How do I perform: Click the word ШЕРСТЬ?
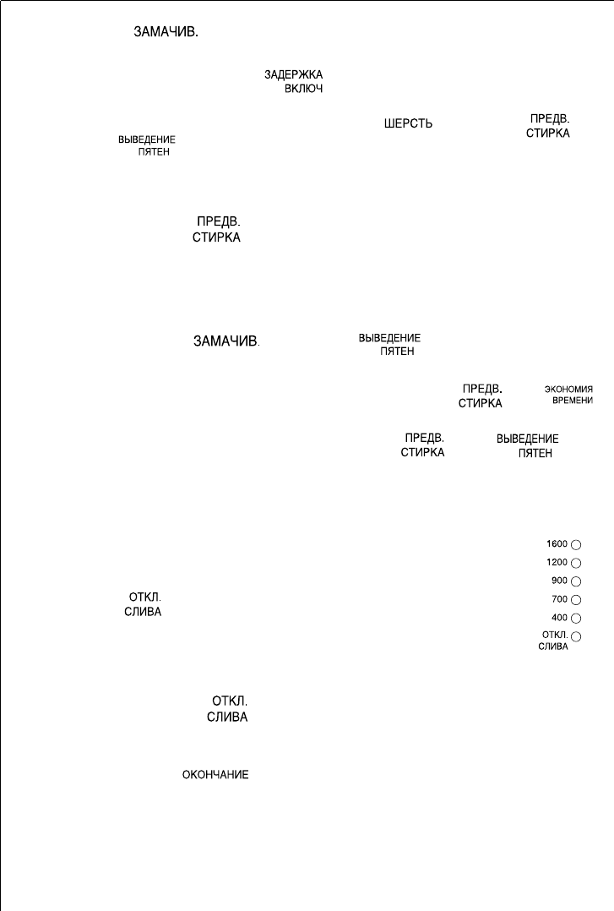(409, 123)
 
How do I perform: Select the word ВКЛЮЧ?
(303, 88)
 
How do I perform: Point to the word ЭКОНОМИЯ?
(568, 390)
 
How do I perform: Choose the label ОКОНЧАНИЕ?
(215, 775)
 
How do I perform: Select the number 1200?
(557, 562)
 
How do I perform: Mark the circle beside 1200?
(577, 563)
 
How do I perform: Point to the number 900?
(559, 581)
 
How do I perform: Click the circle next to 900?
(577, 581)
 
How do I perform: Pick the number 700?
(559, 598)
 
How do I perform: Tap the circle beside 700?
(577, 599)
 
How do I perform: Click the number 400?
(559, 617)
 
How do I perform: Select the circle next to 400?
(577, 618)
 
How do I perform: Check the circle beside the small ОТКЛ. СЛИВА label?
(577, 636)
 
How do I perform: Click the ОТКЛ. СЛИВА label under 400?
(554, 640)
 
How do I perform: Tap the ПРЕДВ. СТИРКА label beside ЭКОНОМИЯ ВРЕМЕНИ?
(481, 396)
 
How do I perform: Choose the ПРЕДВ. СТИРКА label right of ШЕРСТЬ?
(547, 127)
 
